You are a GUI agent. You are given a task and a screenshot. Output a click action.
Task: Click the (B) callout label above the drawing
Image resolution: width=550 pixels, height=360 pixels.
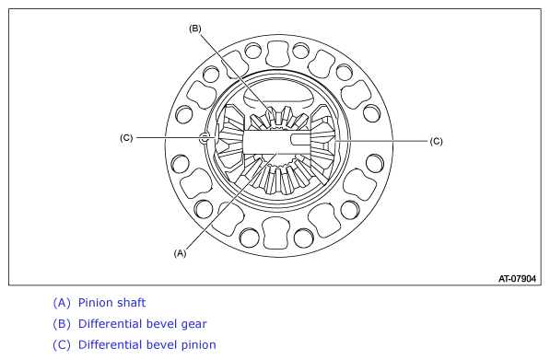[x=195, y=29]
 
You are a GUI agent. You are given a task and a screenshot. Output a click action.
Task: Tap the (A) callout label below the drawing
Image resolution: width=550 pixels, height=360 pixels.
[x=180, y=252]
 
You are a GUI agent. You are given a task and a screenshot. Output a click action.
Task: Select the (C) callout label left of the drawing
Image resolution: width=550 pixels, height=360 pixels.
[x=126, y=138]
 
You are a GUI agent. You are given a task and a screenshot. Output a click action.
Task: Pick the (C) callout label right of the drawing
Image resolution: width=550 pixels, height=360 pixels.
[x=437, y=141]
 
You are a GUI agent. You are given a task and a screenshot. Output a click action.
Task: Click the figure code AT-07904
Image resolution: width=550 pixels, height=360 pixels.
[x=517, y=279]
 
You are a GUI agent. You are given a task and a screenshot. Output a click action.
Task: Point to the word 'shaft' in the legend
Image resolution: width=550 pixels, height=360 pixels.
[x=132, y=303]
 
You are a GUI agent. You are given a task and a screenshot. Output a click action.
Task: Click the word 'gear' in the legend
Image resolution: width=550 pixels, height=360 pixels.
[x=193, y=324]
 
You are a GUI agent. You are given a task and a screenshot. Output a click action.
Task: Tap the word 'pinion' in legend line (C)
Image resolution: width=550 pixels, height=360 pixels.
[x=198, y=345]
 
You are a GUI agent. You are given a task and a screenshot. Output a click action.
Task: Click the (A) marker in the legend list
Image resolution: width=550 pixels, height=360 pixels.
[x=62, y=303]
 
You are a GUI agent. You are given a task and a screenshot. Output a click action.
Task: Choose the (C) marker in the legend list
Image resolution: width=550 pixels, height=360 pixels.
[x=62, y=345]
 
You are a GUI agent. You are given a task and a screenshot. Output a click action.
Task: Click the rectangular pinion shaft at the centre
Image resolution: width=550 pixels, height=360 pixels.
[x=276, y=142]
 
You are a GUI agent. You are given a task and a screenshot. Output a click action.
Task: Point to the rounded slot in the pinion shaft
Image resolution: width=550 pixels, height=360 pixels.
[x=300, y=140]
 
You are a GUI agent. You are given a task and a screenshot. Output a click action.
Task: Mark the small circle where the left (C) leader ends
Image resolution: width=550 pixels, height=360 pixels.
[x=205, y=138]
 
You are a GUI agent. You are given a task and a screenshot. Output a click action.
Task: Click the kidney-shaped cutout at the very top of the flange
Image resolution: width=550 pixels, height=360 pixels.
[x=279, y=54]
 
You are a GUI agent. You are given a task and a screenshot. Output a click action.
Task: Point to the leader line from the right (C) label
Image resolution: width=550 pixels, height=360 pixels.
[x=381, y=141]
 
